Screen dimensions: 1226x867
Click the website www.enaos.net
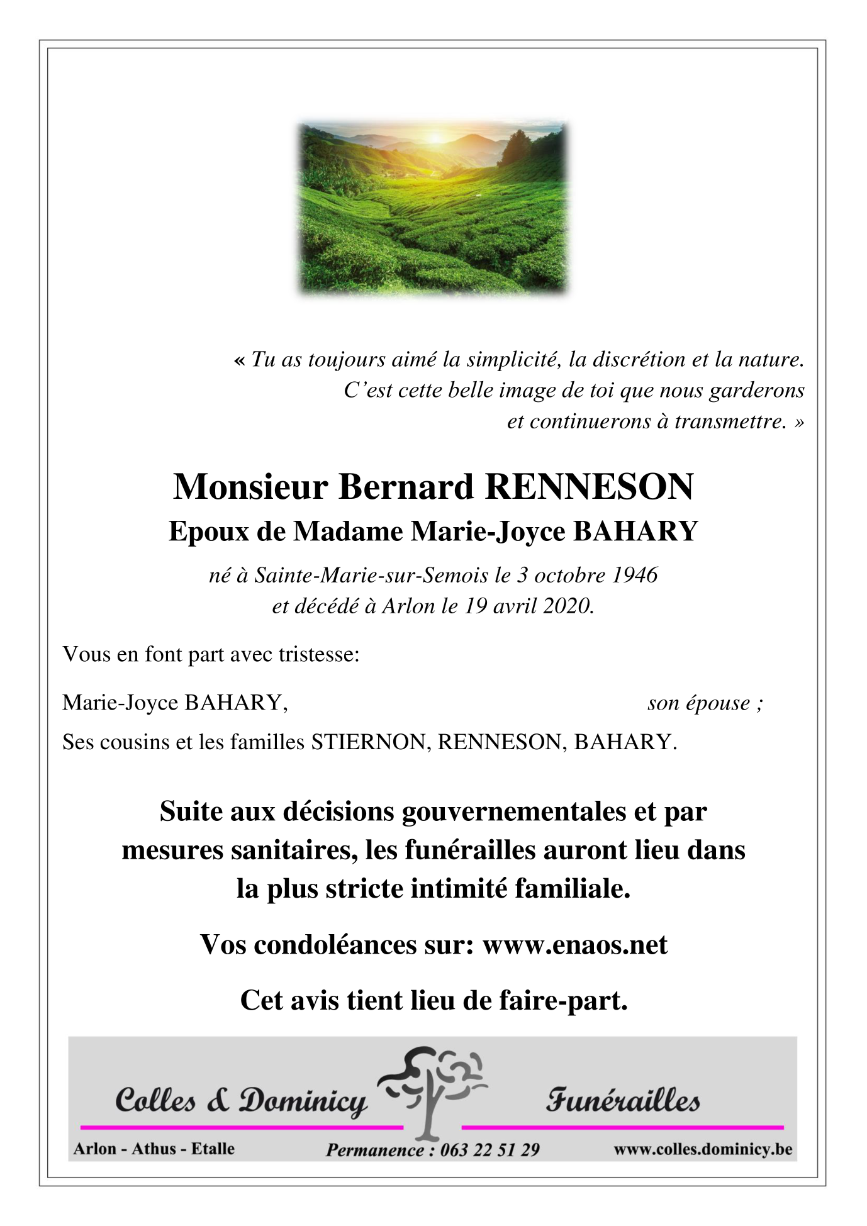point(574,945)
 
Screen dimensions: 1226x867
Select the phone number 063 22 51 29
point(490,1150)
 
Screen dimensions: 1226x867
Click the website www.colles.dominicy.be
point(703,1149)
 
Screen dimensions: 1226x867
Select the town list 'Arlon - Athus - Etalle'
point(154,1149)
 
